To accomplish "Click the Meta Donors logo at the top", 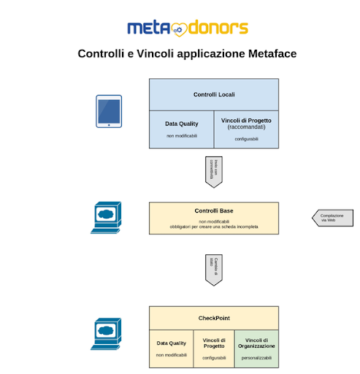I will (x=187, y=28).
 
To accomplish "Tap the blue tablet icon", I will (x=109, y=111).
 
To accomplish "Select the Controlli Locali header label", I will (x=214, y=95).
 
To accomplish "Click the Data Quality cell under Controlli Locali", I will (x=181, y=129).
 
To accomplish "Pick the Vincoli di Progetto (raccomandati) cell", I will (x=246, y=129).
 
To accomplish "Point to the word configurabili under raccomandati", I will (x=246, y=139).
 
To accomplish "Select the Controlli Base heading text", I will (x=214, y=211).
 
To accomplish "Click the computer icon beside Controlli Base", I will (x=107, y=217).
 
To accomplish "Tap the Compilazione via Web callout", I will (x=333, y=217).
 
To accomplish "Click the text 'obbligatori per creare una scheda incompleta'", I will (x=214, y=227).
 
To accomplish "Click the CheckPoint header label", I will (x=214, y=318).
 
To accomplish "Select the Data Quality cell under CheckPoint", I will (x=172, y=348).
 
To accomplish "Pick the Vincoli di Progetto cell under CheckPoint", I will (x=214, y=348).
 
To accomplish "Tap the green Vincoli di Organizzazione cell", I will (x=256, y=348).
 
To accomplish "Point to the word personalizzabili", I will (x=256, y=359).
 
